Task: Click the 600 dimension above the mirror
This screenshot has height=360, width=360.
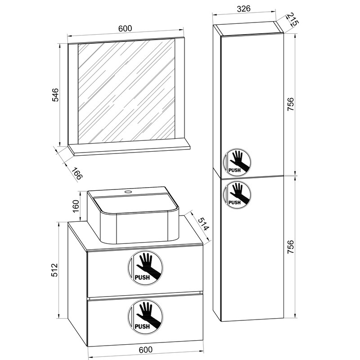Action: tap(125, 28)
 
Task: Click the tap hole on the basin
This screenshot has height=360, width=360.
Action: tap(129, 192)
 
